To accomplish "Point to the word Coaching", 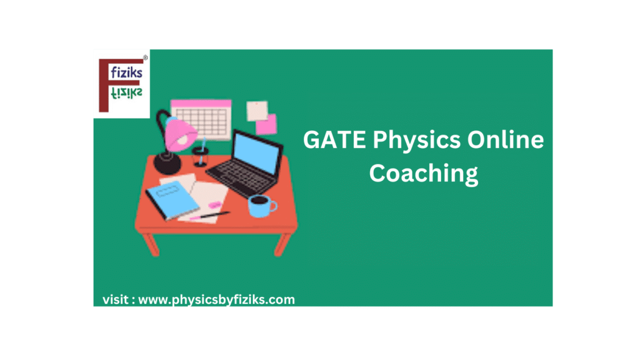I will click(424, 173).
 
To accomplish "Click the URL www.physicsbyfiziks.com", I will click(216, 300).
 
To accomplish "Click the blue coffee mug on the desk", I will click(261, 205).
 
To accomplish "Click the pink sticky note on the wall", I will click(266, 124).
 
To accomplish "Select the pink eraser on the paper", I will click(214, 204).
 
